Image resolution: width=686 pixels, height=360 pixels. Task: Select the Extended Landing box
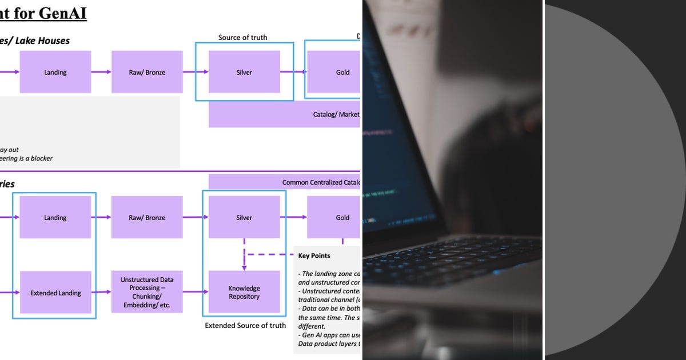click(55, 293)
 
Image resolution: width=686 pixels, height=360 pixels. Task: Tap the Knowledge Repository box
click(244, 292)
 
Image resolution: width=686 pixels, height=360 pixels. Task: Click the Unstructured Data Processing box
click(147, 292)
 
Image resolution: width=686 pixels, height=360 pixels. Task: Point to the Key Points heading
click(314, 255)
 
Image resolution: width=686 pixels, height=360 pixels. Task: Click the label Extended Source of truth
click(245, 326)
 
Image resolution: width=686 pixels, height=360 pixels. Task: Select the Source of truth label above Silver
click(242, 38)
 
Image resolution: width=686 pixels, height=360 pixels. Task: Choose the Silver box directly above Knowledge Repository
click(244, 217)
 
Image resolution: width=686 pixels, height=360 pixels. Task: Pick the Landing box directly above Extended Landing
click(55, 217)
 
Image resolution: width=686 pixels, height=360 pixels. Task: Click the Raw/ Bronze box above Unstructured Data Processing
click(147, 217)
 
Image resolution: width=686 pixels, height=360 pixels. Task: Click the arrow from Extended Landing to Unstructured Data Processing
click(101, 292)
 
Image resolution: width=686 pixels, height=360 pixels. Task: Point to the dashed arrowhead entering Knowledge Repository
click(244, 267)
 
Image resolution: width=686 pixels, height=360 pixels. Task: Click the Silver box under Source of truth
click(244, 72)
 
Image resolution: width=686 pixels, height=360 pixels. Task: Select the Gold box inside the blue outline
click(334, 72)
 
